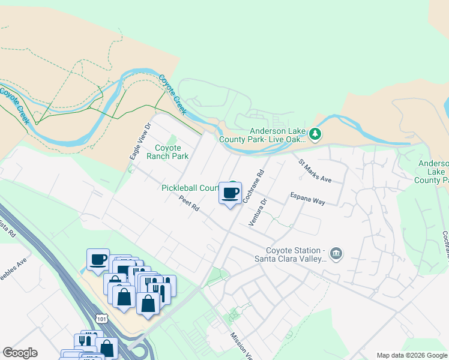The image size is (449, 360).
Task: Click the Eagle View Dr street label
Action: pos(139,142)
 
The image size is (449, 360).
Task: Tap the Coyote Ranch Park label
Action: pos(172,152)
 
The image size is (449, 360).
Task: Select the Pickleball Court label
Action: pos(190,188)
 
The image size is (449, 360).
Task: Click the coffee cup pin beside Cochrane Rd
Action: pos(230,194)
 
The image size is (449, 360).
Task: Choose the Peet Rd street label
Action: pos(189,205)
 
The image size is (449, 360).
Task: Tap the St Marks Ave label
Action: pos(315,170)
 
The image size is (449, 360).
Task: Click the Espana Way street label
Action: pos(307,199)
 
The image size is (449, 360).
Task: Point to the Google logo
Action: pos(20,353)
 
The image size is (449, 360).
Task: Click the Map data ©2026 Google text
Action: pos(411,355)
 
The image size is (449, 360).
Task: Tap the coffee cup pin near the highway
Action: pos(98,260)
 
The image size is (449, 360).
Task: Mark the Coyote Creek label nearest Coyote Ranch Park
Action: pos(172,95)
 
